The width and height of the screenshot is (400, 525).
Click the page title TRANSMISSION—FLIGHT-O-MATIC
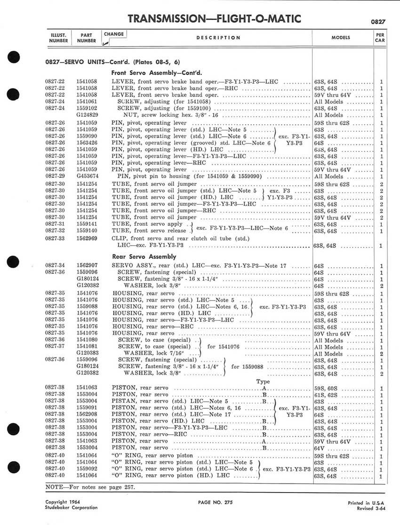(214, 19)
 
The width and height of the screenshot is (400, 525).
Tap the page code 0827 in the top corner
(378, 22)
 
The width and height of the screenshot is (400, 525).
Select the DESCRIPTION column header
(218, 38)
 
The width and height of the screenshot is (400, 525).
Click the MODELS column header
(344, 37)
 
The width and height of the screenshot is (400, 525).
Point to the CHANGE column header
(114, 34)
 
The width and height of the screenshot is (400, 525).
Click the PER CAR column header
(380, 37)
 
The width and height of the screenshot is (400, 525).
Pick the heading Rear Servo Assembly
(144, 257)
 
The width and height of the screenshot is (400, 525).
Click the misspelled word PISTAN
(124, 402)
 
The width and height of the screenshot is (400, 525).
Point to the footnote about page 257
(90, 487)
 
